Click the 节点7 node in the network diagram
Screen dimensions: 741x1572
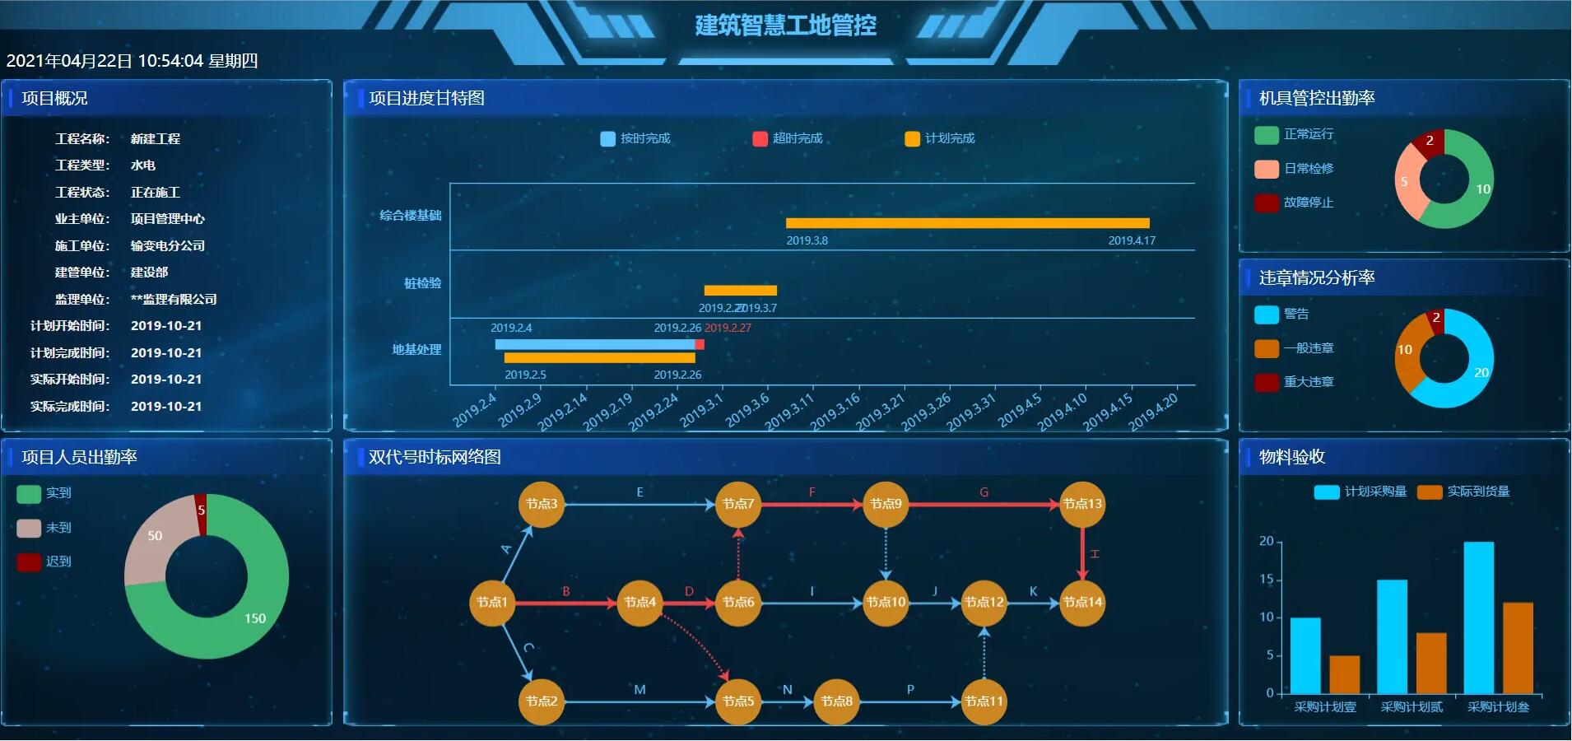(738, 504)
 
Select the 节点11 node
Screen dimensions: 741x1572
(984, 701)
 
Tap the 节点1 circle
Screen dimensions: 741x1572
(491, 603)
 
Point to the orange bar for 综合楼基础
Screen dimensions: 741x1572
(967, 223)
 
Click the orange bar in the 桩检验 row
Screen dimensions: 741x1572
(740, 291)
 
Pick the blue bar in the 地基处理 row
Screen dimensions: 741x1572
(594, 344)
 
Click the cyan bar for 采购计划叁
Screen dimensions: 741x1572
(1478, 617)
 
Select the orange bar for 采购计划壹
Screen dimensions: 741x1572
(1344, 674)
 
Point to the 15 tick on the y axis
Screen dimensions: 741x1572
(1266, 580)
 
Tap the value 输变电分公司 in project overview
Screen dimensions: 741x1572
(168, 246)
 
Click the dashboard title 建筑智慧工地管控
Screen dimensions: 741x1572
(785, 26)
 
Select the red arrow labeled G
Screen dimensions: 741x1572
(984, 504)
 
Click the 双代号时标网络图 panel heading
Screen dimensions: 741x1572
(435, 458)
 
